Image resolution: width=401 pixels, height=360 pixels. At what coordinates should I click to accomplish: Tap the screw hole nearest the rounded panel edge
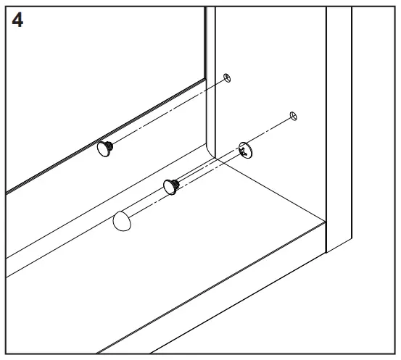227,78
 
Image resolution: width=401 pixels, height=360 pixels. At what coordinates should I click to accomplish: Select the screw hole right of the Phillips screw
293,116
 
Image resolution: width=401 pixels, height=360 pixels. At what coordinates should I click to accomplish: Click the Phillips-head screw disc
247,148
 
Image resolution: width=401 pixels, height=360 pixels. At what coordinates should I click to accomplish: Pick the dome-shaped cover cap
123,222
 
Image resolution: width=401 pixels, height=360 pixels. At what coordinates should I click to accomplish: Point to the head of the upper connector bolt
104,150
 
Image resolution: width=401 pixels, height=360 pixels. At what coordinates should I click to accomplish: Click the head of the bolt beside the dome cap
170,186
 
